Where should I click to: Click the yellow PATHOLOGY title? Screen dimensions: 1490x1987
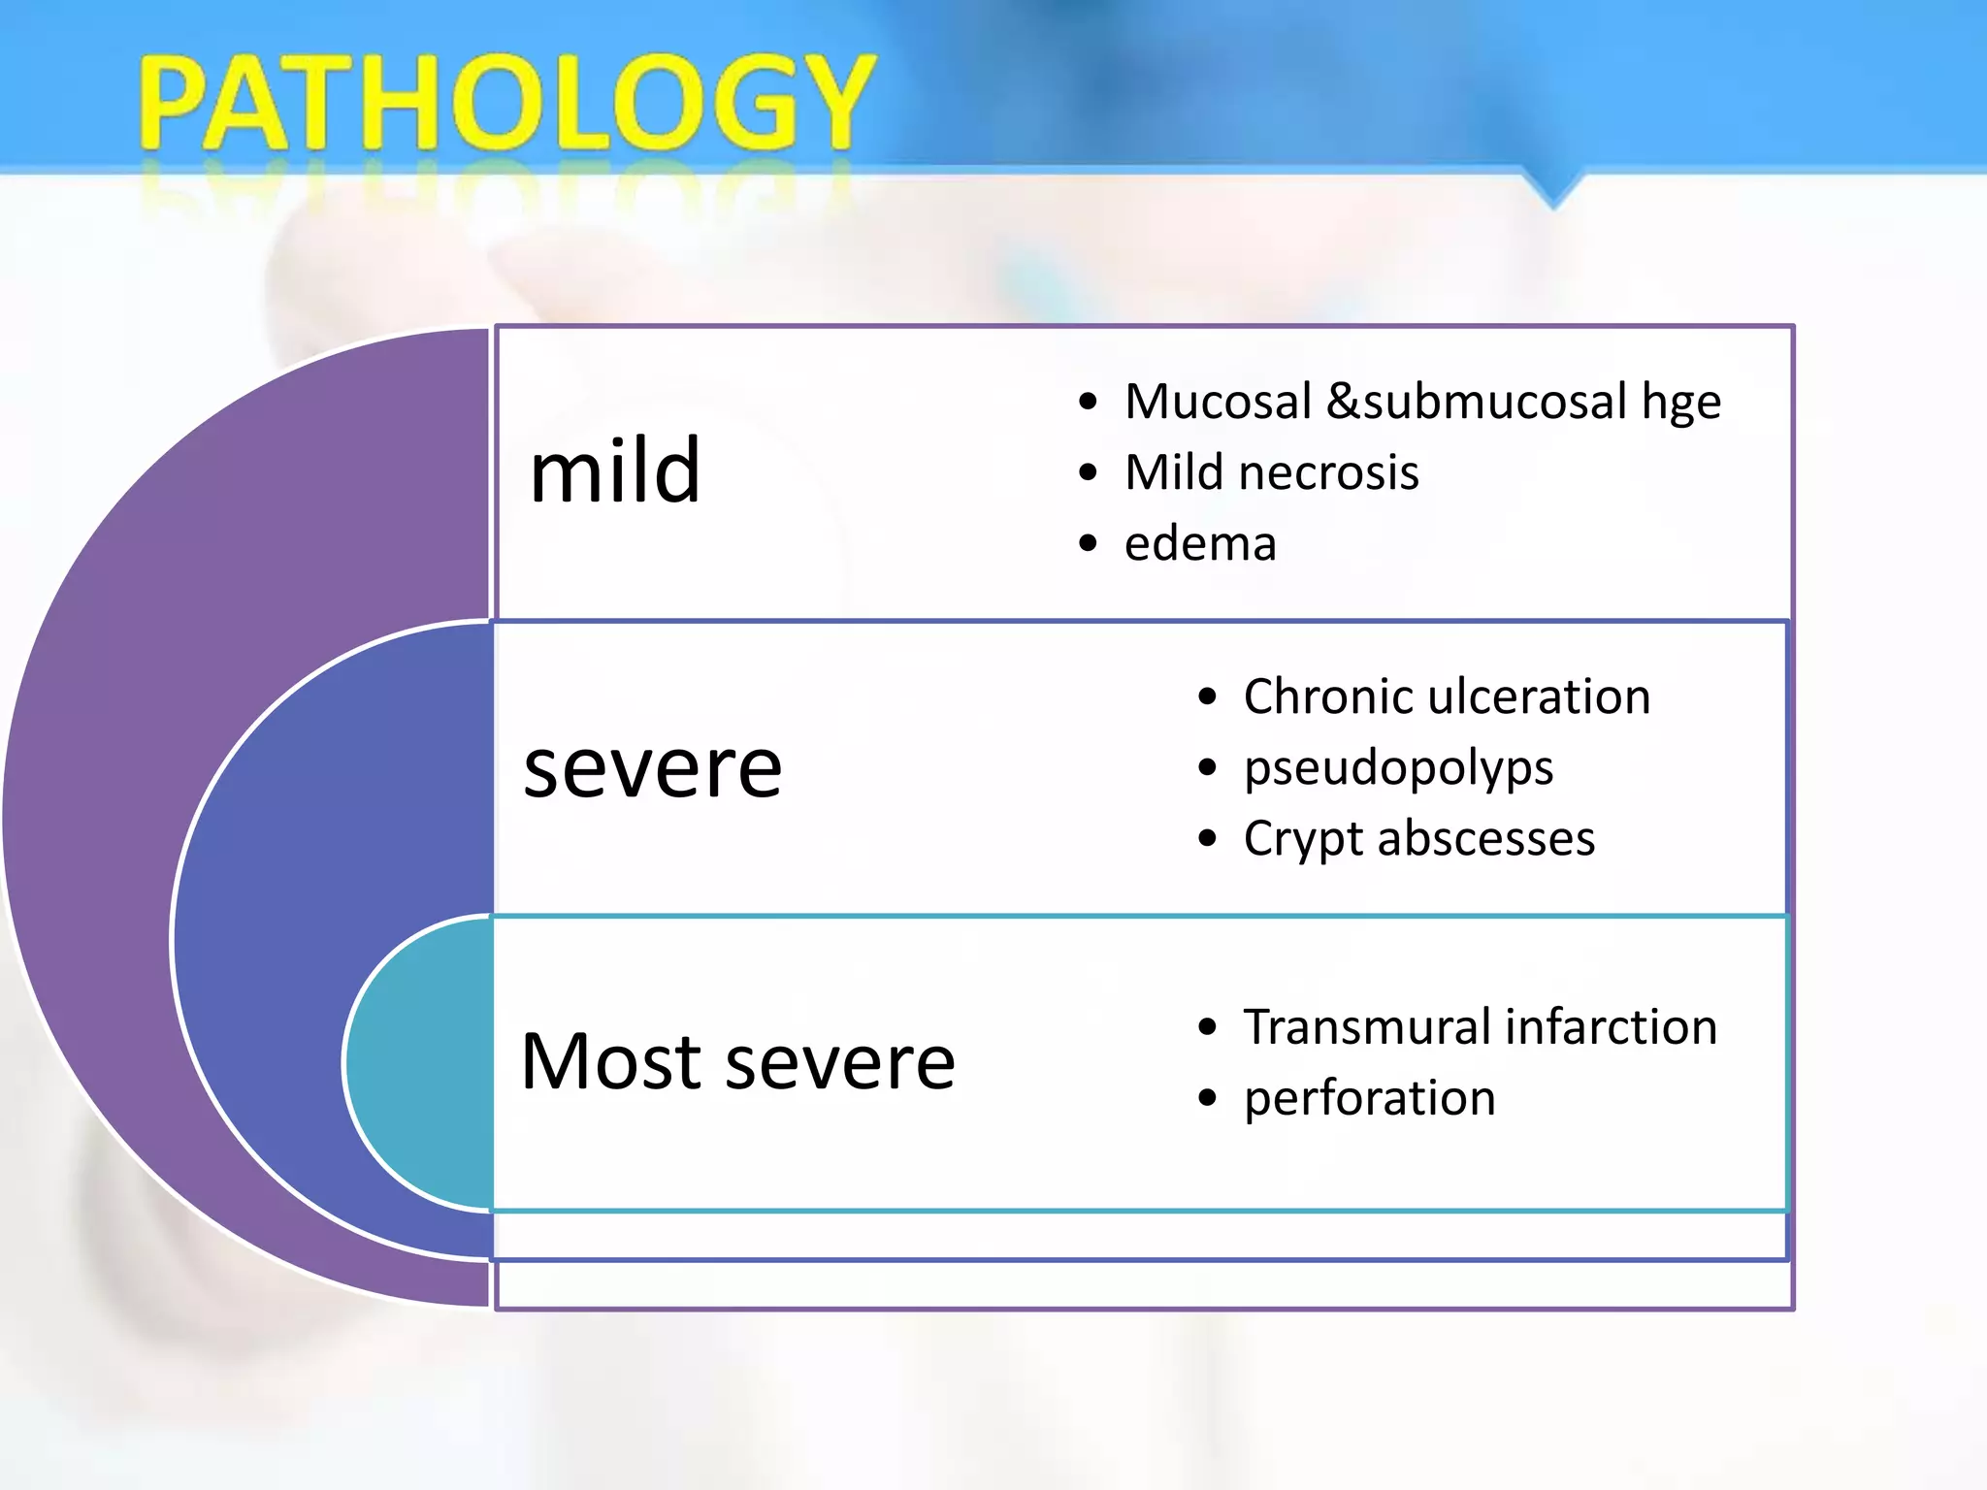click(x=506, y=102)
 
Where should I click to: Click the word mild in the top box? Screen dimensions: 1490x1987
click(x=615, y=470)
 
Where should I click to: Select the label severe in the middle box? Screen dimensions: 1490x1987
click(x=652, y=768)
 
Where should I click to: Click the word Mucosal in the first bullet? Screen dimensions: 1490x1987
click(x=1218, y=401)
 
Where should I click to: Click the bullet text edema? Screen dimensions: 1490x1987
click(x=1200, y=543)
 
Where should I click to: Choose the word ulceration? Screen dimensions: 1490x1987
click(x=1537, y=696)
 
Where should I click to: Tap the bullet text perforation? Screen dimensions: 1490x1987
click(x=1369, y=1099)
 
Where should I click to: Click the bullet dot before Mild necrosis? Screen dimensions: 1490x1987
click(x=1088, y=472)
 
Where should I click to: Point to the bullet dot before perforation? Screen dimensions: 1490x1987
click(x=1207, y=1098)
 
